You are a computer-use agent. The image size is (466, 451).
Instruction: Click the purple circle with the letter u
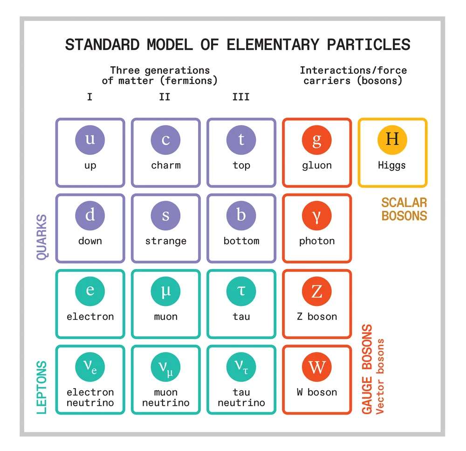click(90, 139)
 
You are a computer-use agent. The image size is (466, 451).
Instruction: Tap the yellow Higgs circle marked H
click(392, 139)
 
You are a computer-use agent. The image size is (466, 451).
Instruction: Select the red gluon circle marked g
click(316, 139)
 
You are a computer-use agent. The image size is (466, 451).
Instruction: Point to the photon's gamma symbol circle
click(316, 215)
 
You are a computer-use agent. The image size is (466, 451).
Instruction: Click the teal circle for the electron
click(90, 291)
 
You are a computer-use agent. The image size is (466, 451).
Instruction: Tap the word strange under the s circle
click(165, 241)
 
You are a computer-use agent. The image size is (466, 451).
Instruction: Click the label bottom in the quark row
click(241, 241)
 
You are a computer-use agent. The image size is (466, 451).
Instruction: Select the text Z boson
click(316, 317)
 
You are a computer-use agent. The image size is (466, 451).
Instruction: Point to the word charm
click(165, 166)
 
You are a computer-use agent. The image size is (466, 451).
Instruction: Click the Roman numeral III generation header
click(241, 97)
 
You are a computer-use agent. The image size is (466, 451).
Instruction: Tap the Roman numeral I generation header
click(89, 97)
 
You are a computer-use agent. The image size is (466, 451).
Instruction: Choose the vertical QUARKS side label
click(42, 237)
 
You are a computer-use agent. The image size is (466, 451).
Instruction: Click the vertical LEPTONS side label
click(42, 387)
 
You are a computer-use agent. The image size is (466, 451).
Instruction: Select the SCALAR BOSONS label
click(404, 209)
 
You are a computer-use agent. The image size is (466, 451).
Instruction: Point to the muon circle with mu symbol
click(165, 291)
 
